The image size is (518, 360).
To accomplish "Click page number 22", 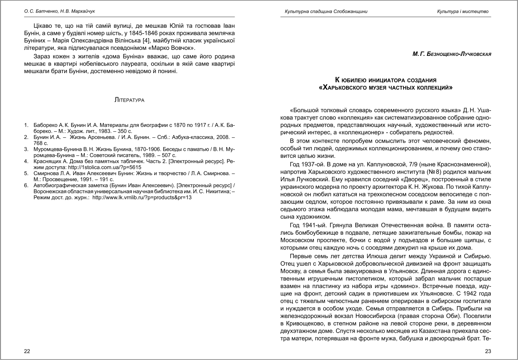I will tap(27, 351).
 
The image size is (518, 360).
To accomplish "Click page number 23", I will tap(488, 351).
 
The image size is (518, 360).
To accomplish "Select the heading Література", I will tap(129, 99).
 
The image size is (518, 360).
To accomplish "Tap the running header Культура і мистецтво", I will tap(463, 11).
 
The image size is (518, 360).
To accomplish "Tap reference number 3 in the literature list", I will tap(26, 149).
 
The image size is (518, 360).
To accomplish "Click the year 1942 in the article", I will tap(473, 289).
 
